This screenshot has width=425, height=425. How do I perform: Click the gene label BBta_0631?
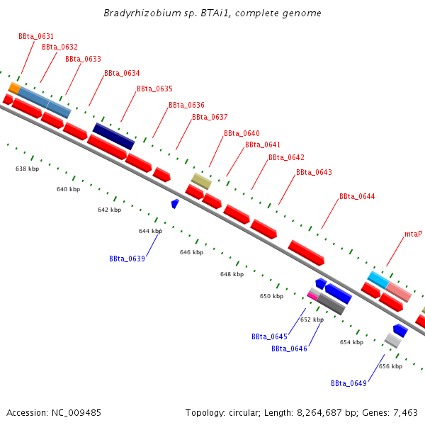coord(36,36)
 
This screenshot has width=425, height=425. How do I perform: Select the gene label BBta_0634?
coord(122,73)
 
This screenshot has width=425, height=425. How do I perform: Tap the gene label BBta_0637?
coord(210,117)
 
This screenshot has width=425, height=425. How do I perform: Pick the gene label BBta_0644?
coord(357,196)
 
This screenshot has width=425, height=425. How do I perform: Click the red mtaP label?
coord(413,234)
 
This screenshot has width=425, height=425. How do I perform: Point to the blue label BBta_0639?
coord(127,259)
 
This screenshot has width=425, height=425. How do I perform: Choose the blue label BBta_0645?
coord(269,336)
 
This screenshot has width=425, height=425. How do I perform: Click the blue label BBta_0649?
coord(348,383)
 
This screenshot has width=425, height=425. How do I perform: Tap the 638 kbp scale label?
coord(27,169)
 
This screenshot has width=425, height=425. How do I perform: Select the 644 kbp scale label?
coord(150,231)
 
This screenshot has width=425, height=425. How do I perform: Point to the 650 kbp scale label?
coord(271,296)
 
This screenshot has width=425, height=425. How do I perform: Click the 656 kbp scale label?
coord(390,366)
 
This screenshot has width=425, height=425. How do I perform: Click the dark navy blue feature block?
coord(113,136)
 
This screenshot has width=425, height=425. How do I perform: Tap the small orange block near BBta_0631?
coord(13,88)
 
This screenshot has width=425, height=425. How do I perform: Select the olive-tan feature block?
coord(201,181)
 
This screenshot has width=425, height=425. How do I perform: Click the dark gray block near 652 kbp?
coord(331,304)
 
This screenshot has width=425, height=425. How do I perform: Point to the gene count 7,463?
coord(403,412)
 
